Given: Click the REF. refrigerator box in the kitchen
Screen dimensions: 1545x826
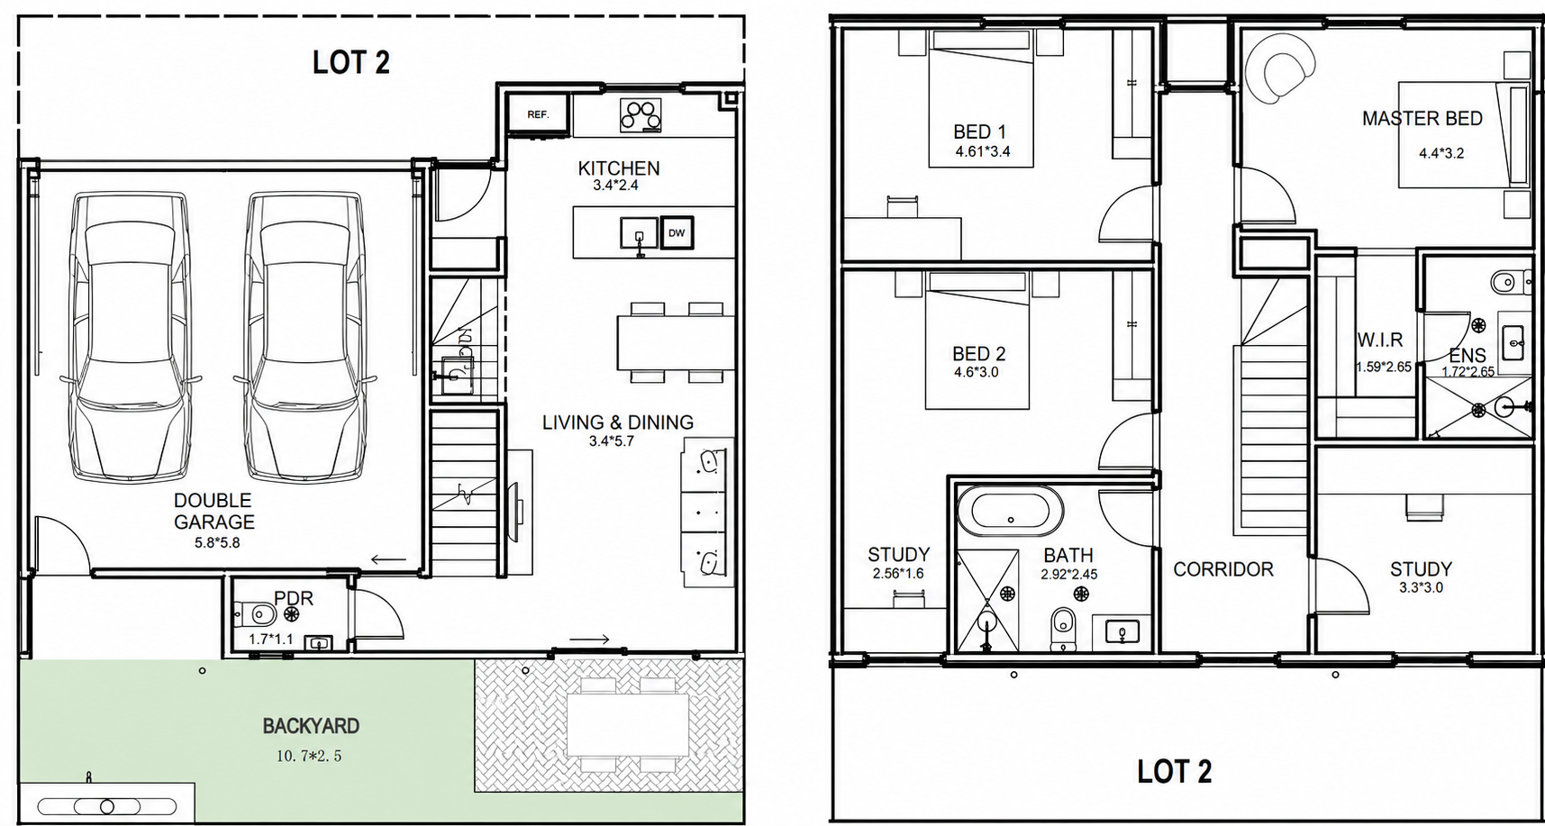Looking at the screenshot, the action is coord(538,114).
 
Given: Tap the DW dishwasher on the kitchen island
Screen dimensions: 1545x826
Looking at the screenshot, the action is coord(677,232).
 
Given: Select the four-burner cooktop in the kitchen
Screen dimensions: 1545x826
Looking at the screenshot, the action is coord(641,114).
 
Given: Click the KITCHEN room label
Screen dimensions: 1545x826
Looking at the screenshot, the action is coord(619,168).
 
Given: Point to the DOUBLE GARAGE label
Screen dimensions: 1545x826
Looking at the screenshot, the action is coord(214,511).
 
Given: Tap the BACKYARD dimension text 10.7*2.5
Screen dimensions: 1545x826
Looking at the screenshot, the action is coord(309,757).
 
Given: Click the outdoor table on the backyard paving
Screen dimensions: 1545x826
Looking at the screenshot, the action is coord(627,724).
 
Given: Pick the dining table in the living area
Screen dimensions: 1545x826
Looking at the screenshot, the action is coord(676,342).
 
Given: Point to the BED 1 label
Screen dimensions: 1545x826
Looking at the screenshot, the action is coord(979,132).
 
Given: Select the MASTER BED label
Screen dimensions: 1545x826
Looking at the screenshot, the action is coord(1422,118).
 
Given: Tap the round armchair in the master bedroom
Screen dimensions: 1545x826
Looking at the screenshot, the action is coord(1279,67).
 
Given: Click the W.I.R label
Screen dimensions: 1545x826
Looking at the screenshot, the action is coord(1380,340).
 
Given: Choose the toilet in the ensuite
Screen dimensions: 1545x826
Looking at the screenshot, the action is coord(1509,283).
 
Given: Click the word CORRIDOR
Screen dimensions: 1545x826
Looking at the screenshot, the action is coord(1223,569).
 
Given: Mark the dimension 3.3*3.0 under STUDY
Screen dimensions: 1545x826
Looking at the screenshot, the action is coord(1420,587).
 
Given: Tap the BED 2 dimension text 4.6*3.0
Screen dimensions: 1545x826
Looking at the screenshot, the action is coord(977,372).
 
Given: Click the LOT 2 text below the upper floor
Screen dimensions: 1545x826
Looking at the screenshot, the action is coord(1174,771).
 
